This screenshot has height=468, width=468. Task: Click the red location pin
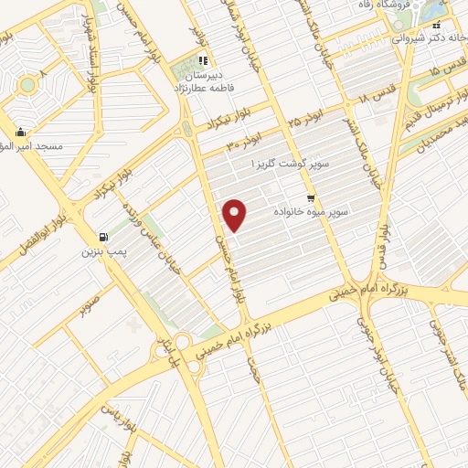point(236,215)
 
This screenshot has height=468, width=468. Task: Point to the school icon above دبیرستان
point(201,63)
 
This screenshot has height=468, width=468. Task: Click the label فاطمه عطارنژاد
point(202,90)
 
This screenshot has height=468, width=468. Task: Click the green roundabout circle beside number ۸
point(27,85)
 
